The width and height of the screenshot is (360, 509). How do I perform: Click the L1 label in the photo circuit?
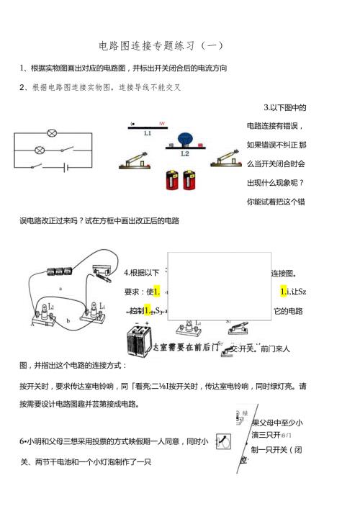coord(148,133)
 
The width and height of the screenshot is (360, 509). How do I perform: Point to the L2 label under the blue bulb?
coord(185,153)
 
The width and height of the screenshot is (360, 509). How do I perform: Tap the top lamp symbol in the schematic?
coord(52,133)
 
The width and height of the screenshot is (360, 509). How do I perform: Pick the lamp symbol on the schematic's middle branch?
coord(40,150)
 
